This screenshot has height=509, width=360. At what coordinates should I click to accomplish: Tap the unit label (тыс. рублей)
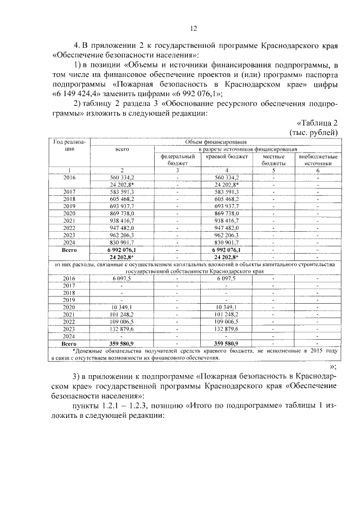point(313,132)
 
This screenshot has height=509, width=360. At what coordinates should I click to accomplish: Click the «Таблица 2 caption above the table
point(316,123)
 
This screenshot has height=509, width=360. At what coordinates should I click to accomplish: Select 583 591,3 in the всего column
point(122,192)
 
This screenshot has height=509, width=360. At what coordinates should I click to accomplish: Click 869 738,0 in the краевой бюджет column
point(227,214)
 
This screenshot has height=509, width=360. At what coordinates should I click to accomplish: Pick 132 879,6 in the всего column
point(122,328)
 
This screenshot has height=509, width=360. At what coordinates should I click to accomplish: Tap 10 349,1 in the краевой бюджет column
point(227,307)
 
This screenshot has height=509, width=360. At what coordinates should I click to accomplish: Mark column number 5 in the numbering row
point(273,169)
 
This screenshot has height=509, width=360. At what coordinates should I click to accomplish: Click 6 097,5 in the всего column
point(122,277)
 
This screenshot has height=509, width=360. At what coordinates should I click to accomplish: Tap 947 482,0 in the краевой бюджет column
point(227,228)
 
